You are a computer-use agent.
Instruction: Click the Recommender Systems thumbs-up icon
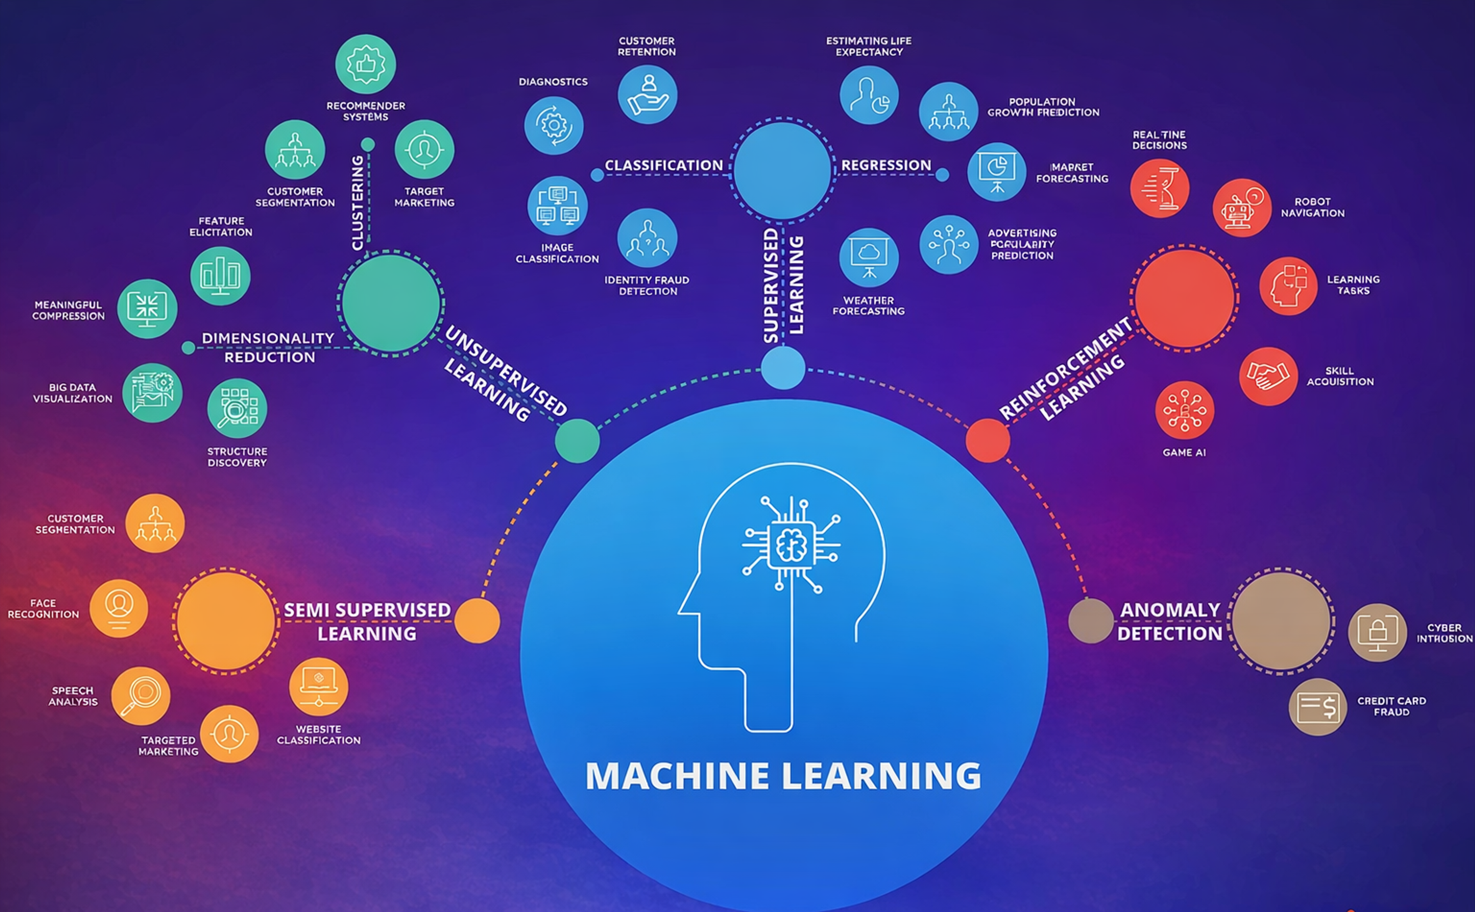click(x=366, y=64)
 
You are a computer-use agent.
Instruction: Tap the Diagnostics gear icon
click(x=553, y=126)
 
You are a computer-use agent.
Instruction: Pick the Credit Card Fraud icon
click(x=1318, y=706)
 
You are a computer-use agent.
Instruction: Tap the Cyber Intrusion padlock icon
click(x=1377, y=632)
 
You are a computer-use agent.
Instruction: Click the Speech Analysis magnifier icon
click(x=141, y=695)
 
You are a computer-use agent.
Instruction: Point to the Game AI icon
click(x=1184, y=410)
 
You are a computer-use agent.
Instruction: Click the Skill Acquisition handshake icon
click(x=1268, y=376)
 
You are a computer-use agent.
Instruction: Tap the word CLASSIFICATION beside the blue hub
click(x=664, y=165)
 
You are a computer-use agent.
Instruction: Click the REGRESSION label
click(x=886, y=165)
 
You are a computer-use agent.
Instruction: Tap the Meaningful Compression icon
click(x=147, y=308)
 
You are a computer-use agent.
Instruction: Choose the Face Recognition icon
click(x=119, y=608)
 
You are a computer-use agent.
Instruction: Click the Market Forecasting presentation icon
click(x=997, y=172)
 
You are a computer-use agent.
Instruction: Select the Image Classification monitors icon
click(x=557, y=206)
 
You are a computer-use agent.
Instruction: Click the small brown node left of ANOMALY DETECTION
click(x=1090, y=621)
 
